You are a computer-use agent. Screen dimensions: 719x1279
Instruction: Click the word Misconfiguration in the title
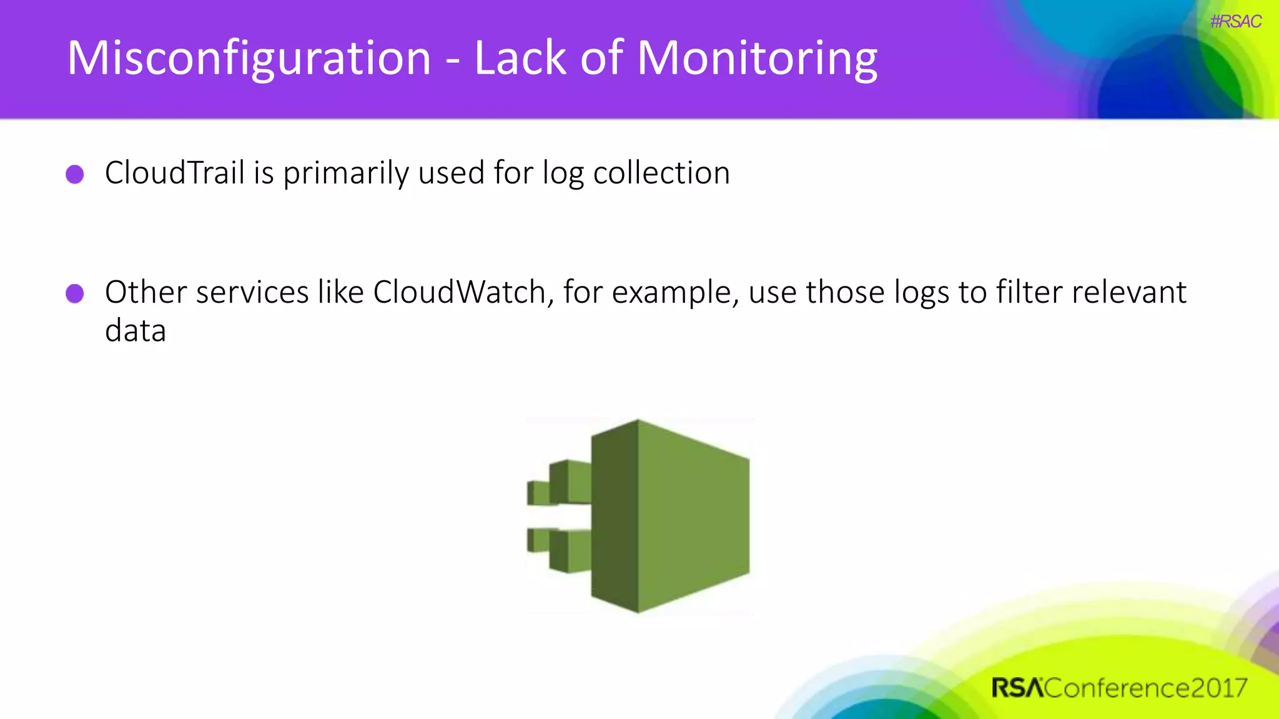tap(249, 58)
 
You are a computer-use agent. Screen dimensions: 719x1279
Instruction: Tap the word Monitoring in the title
tap(757, 58)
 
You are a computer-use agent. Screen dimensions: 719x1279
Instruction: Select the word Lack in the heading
tap(520, 58)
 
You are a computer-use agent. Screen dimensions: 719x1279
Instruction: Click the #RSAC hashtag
tap(1235, 22)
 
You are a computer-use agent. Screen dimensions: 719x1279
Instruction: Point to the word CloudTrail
tap(174, 173)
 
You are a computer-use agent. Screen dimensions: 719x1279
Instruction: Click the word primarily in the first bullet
tap(345, 173)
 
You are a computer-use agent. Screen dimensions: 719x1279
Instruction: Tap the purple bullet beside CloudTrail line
tap(75, 174)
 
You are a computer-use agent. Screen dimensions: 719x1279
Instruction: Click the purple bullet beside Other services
tap(75, 293)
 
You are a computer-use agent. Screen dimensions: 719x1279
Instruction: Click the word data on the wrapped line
tap(136, 331)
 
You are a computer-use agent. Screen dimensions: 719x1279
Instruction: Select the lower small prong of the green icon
tap(559, 549)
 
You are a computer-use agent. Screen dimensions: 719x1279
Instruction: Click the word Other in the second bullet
tap(146, 292)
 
